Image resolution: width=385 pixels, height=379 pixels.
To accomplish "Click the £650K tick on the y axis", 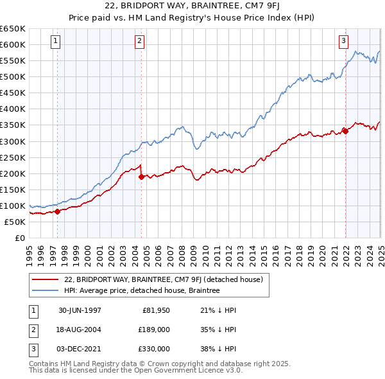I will [x=12, y=29].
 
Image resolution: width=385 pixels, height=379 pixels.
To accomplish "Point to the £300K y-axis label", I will [x=12, y=141].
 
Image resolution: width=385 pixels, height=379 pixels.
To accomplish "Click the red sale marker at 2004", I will [x=141, y=177].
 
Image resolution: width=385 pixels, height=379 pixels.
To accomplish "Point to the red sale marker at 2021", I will [x=345, y=131].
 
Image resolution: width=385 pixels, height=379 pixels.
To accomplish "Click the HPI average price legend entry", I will [x=141, y=290].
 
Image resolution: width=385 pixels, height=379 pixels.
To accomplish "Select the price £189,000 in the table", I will [x=155, y=330].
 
